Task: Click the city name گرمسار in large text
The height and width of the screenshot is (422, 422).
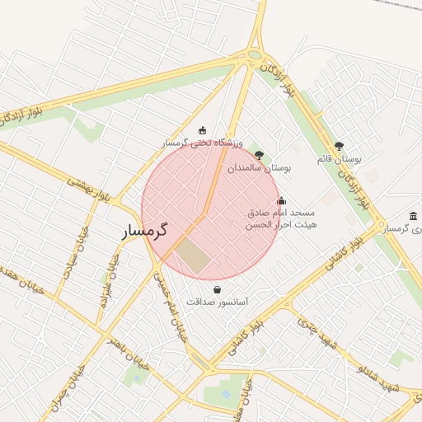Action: point(145,230)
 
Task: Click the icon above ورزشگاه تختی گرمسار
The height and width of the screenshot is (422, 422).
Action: point(203,129)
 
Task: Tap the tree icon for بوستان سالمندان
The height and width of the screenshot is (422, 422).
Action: point(260,154)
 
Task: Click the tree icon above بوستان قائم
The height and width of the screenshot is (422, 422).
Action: point(339,146)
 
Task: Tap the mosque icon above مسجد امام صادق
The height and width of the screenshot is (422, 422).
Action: point(282,199)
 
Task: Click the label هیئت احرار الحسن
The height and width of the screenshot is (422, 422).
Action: point(282,224)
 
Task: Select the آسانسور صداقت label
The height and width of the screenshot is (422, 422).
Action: point(217,302)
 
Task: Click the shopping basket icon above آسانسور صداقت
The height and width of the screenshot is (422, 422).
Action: point(217,289)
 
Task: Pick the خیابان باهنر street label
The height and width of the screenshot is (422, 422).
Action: point(128,351)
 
